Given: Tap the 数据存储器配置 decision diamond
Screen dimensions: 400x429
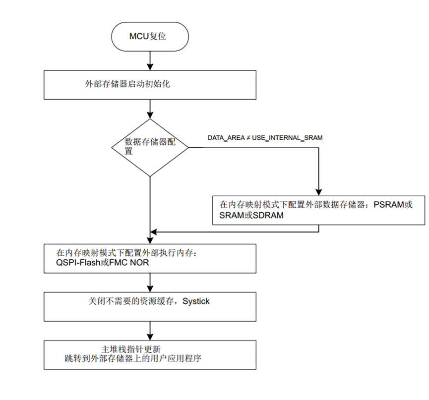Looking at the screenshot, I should pos(150,147).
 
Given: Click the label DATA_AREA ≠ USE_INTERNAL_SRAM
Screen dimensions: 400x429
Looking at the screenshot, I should pos(265,138).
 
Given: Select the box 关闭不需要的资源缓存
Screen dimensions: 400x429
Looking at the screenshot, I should pos(150,306).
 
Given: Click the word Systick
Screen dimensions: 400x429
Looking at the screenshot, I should pos(196,301).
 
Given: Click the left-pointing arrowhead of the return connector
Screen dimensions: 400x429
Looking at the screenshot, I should pos(154,231).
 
